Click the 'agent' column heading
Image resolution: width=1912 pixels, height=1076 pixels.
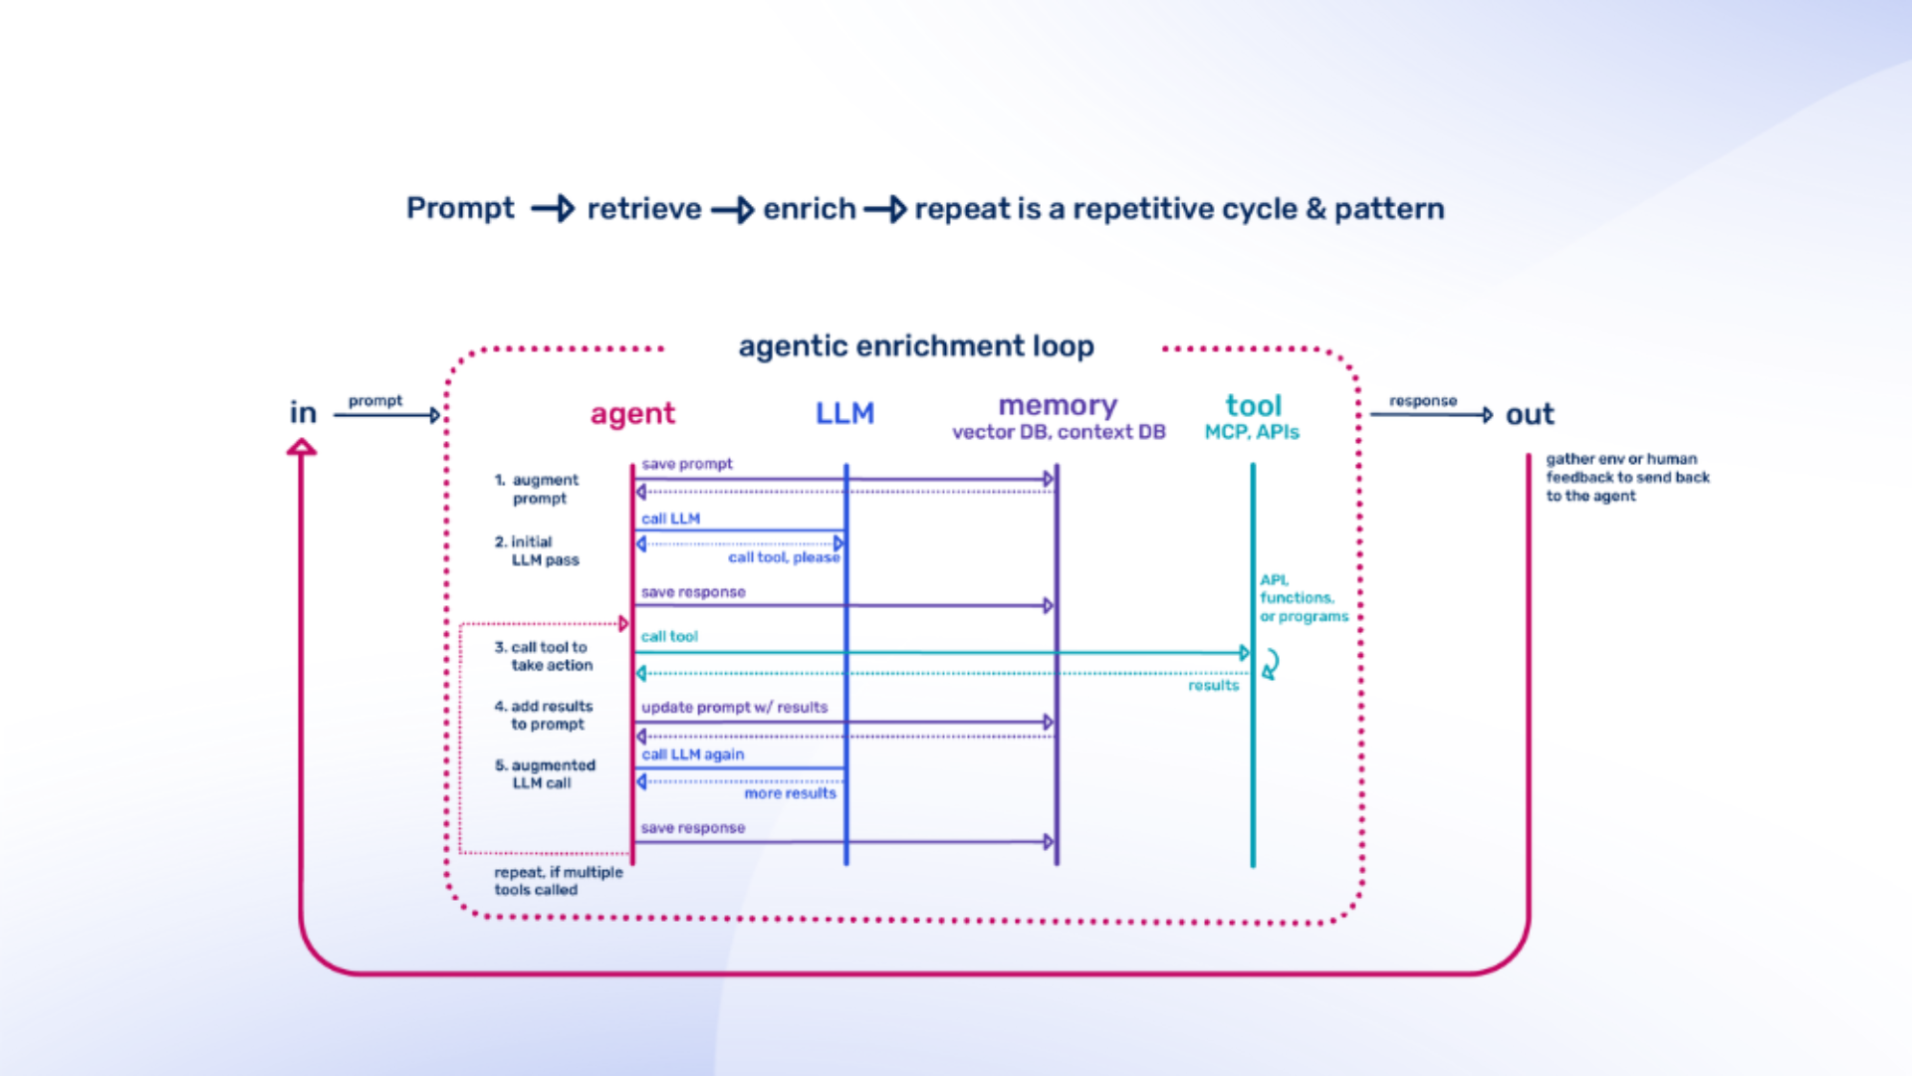coord(632,414)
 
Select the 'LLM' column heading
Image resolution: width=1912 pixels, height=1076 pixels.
coord(844,413)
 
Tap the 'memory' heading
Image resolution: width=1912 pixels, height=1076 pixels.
coord(1058,406)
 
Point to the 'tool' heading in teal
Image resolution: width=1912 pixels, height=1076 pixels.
coord(1253,406)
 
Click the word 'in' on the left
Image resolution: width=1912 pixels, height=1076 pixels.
coord(303,413)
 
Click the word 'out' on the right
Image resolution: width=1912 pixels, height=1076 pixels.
coord(1530,414)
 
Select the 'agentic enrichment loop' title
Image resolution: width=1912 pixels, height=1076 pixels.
coord(915,346)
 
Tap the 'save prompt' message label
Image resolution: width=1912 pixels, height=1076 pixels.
coord(686,464)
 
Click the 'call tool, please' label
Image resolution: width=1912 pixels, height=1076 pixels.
coord(783,557)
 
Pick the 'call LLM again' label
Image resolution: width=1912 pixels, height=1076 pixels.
coord(692,754)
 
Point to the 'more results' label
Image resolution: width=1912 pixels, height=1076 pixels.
coord(790,793)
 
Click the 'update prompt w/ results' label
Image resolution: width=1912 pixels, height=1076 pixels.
coord(734,708)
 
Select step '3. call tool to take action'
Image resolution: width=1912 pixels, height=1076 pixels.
coord(544,656)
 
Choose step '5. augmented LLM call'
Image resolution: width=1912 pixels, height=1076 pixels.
coord(545,774)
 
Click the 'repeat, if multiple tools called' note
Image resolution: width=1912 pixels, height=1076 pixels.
coord(558,881)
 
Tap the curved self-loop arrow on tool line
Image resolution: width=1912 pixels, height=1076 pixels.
coord(1271,664)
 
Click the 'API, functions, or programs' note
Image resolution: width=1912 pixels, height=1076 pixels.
coord(1303,598)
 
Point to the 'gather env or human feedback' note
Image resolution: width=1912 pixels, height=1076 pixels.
coord(1626,478)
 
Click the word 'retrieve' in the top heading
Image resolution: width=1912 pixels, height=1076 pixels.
coord(643,209)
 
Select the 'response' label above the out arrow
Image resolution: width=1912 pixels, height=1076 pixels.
coord(1422,401)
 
